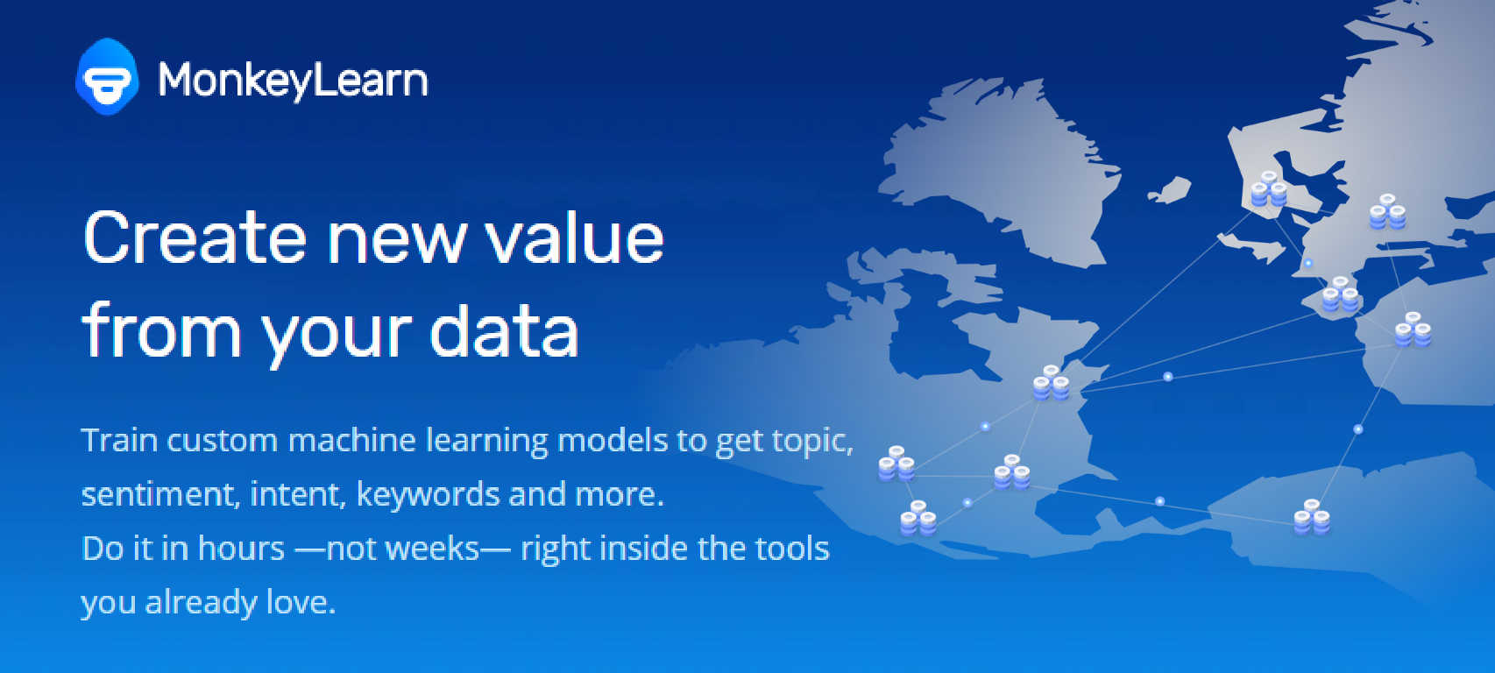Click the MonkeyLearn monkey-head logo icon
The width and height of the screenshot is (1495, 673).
click(107, 77)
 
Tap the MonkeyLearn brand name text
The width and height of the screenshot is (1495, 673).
click(293, 81)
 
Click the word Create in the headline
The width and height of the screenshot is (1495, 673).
click(195, 237)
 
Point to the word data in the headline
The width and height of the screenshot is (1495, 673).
click(504, 330)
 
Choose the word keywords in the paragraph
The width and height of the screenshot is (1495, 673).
click(427, 495)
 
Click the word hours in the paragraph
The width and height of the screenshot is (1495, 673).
click(241, 549)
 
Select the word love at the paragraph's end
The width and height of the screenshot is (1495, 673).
click(300, 602)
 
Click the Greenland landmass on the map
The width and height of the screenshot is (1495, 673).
click(1001, 166)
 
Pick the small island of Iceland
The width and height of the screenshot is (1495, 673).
click(1169, 189)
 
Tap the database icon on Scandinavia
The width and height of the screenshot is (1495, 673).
click(1269, 189)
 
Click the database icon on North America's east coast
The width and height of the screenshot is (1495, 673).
click(1052, 383)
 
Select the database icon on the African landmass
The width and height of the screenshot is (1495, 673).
click(1312, 517)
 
